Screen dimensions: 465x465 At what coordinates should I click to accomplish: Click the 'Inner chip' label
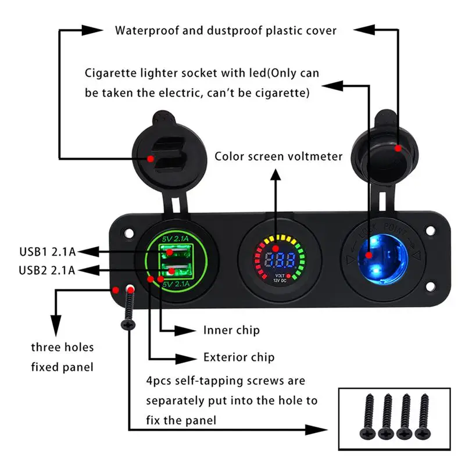pyautogui.click(x=231, y=330)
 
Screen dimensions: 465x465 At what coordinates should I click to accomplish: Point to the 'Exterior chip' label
pyautogui.click(x=239, y=356)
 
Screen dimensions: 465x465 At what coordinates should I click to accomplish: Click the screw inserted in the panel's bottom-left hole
pyautogui.click(x=129, y=308)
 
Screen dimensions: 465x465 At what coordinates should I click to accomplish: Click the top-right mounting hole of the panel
pyautogui.click(x=431, y=231)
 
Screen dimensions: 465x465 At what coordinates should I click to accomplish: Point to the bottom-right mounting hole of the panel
pyautogui.click(x=431, y=286)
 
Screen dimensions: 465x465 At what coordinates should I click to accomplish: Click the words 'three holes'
pyautogui.click(x=62, y=348)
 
